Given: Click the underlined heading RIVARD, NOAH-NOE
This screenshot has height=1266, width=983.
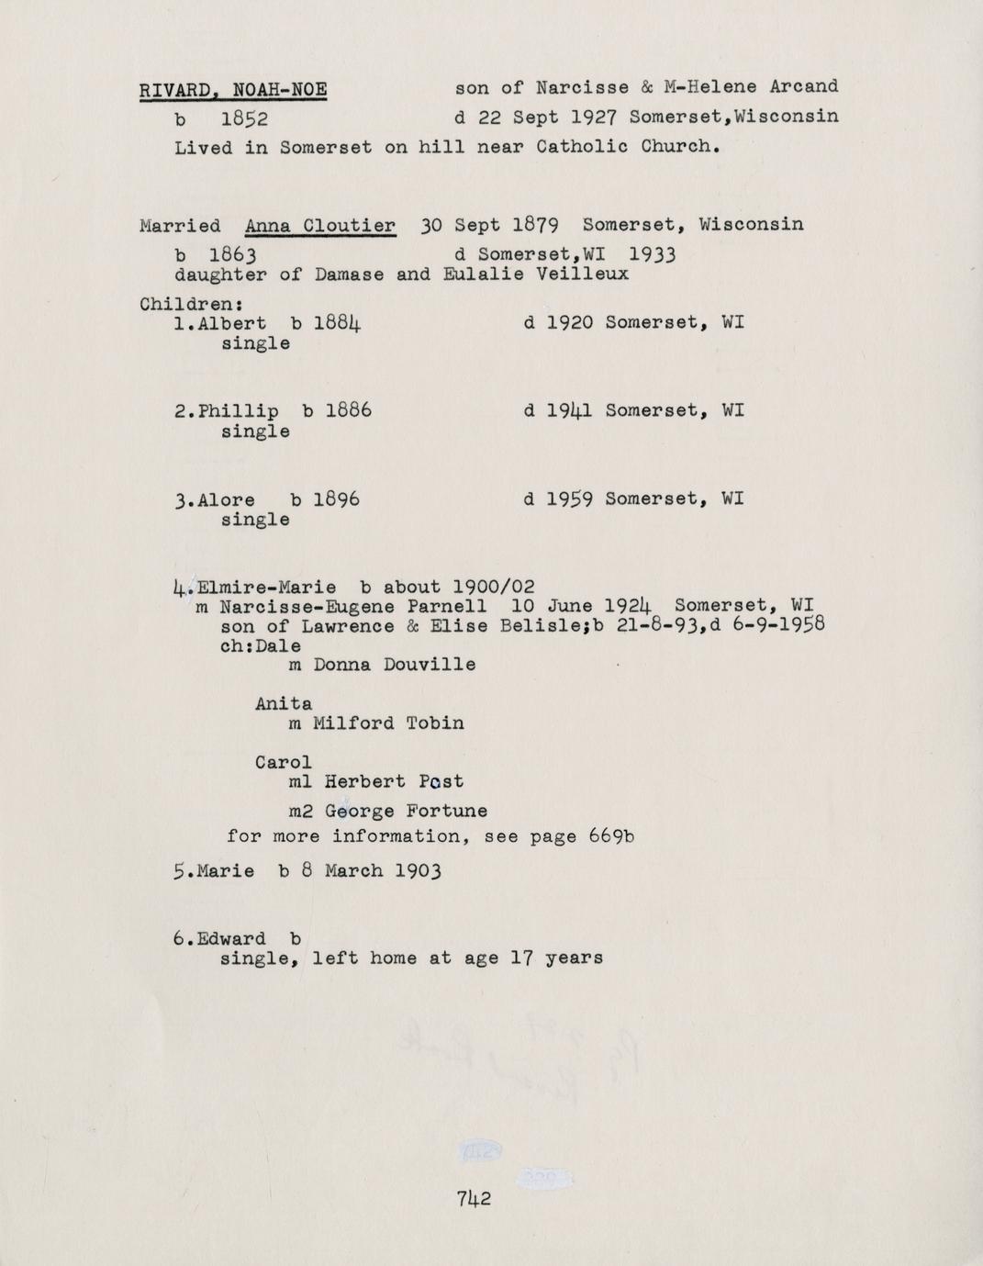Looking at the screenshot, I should coord(233,90).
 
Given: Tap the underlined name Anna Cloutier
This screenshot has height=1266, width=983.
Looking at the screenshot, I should coord(320,226).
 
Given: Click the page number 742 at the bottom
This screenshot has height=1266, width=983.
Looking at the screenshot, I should coord(474,1198).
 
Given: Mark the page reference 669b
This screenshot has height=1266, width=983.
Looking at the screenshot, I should coord(613,836).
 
